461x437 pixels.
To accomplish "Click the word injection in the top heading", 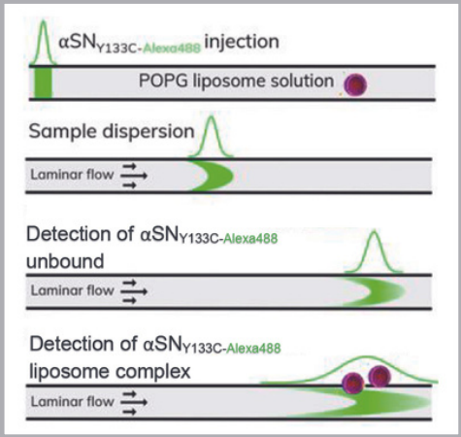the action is tap(242, 43).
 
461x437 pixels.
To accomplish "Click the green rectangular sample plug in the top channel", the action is tap(43, 83).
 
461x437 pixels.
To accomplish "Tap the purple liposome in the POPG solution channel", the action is tap(355, 84).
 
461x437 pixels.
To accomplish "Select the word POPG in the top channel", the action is tap(163, 81).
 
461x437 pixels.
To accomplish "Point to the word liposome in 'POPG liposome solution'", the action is tap(229, 82).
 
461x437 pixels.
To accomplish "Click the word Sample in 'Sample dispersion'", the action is tap(63, 132).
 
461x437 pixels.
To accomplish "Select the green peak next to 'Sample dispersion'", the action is tap(211, 137).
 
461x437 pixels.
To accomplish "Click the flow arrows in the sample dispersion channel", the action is tap(134, 176).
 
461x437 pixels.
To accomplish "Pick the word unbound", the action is tap(65, 261).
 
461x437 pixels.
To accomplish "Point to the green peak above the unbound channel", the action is tap(374, 252).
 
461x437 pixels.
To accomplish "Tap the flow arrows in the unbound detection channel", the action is tap(134, 291).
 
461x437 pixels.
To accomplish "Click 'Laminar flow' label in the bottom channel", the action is tap(73, 402).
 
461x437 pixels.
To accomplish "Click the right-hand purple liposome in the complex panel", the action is tap(379, 377).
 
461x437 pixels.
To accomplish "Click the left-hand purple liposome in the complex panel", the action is tap(353, 383).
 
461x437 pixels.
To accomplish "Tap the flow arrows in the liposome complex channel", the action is tap(134, 402).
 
